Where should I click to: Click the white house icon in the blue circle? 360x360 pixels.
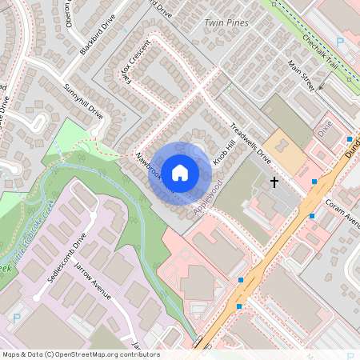pos(180,172)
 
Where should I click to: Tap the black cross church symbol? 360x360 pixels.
pos(274,182)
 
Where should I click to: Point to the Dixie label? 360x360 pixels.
pos(325,128)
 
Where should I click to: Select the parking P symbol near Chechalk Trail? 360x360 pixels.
pos(340,42)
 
